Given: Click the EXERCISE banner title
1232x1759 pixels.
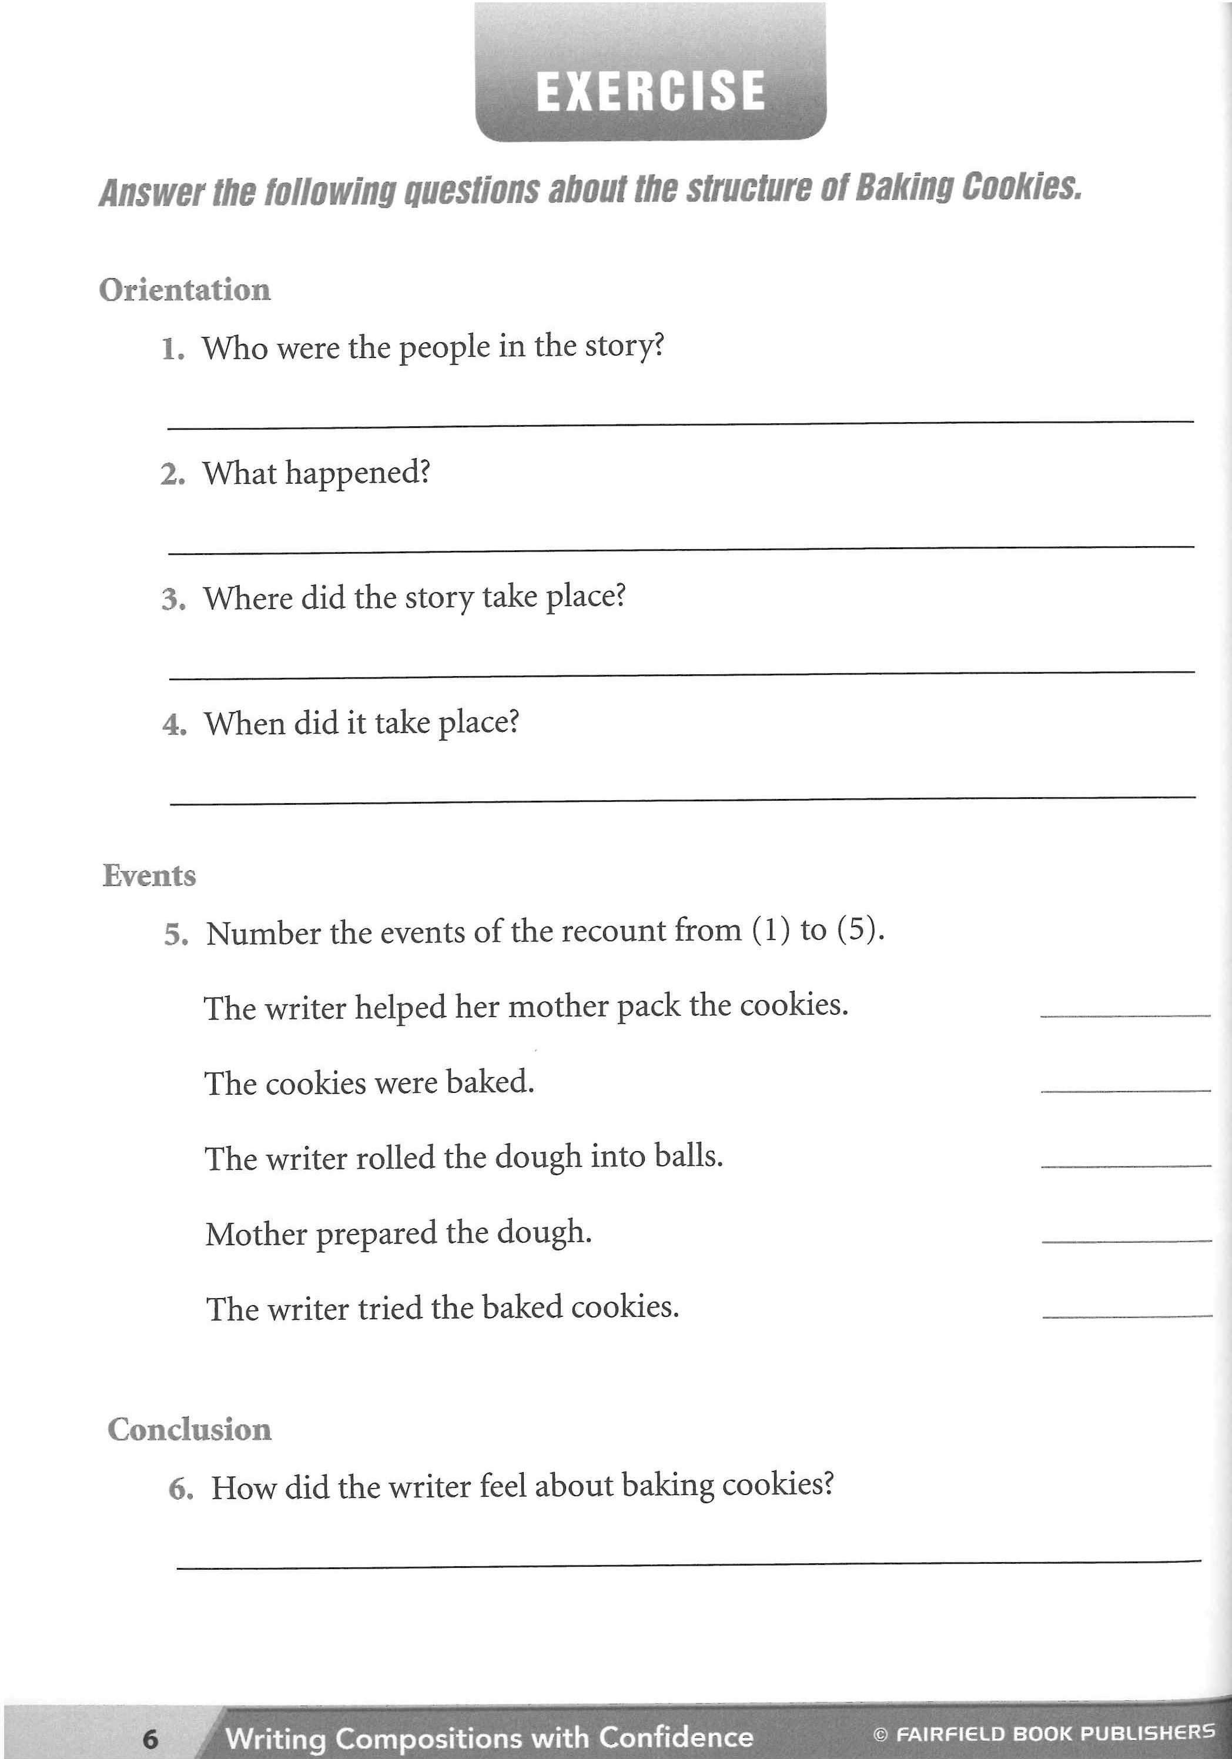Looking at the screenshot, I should [x=651, y=91].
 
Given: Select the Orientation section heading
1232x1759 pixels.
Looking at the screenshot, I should [x=185, y=290].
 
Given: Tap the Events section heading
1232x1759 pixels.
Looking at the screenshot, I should [x=149, y=875].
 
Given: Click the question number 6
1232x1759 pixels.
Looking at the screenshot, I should [x=181, y=1489].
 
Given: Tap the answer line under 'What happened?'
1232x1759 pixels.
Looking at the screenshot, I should [x=680, y=548].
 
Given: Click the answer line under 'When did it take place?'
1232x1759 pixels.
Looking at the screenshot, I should [x=682, y=800].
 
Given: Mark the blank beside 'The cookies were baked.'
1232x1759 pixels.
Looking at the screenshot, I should [x=1126, y=1089].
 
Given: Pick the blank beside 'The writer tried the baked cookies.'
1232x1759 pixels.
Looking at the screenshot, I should [x=1127, y=1315].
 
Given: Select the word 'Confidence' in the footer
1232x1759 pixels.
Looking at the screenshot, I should [x=676, y=1737].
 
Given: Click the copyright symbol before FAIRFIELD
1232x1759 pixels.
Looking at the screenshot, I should [x=881, y=1734].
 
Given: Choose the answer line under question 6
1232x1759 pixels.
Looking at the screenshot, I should [x=688, y=1564].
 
